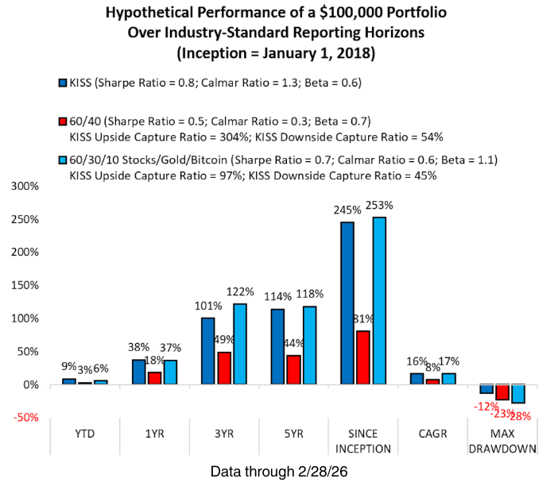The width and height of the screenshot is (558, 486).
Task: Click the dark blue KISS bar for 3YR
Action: (207, 351)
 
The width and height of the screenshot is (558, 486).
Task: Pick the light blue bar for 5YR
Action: (311, 345)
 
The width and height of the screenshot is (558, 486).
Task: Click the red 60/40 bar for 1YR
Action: (154, 378)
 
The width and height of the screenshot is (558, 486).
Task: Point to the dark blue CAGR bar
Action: (417, 379)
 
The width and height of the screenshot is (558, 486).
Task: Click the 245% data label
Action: (346, 209)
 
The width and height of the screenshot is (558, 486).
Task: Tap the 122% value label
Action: (241, 291)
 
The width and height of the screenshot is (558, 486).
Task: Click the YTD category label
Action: (85, 434)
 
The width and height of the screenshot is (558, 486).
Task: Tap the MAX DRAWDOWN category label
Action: (502, 441)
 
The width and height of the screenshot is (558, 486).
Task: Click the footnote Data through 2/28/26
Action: (278, 472)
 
